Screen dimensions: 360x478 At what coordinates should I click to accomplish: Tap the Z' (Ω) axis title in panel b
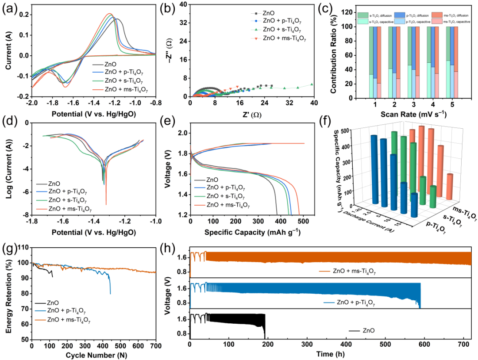(x=252, y=115)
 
